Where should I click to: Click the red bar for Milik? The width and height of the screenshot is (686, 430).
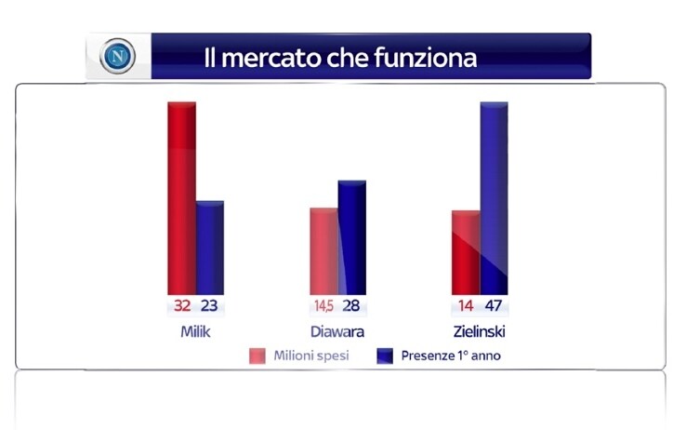181,198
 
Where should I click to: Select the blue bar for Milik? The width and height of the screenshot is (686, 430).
210,248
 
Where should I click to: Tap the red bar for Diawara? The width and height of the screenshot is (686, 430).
323,251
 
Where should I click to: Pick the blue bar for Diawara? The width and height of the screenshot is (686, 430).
352,237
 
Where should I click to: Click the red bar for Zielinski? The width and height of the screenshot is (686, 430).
466,252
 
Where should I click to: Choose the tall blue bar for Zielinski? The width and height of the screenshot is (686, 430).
495,198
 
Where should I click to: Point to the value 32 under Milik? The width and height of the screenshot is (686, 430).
182,305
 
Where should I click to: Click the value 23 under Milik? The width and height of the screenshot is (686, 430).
209,305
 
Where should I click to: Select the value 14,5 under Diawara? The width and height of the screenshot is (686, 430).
323,305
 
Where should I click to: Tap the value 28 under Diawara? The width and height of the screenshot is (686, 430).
351,305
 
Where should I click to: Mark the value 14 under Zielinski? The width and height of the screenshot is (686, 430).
466,305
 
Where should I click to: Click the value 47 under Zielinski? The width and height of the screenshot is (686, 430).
494,305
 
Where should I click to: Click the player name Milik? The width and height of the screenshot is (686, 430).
195,331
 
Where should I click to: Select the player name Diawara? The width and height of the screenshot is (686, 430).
337,331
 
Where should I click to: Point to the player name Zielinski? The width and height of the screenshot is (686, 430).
480,331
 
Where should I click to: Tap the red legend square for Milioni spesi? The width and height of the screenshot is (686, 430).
257,356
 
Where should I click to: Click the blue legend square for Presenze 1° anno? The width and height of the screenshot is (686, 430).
385,356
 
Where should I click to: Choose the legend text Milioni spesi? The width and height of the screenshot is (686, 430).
311,356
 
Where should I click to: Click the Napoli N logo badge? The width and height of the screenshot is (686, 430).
117,56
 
